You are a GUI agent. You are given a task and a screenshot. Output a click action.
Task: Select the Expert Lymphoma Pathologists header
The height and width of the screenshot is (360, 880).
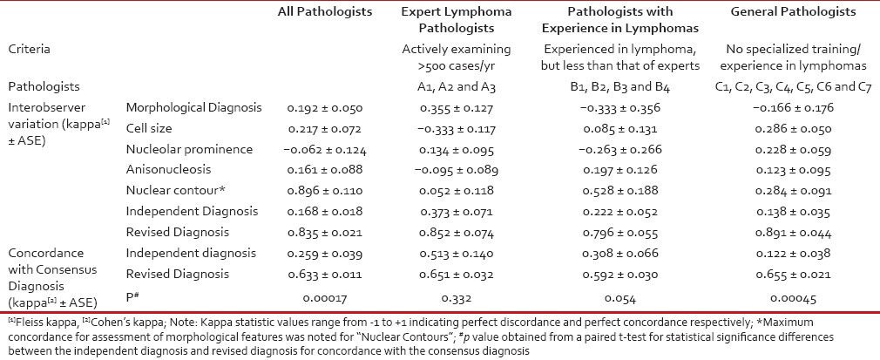point(457,20)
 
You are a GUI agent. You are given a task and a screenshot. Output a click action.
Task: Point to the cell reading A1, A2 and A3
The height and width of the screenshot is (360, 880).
point(457,87)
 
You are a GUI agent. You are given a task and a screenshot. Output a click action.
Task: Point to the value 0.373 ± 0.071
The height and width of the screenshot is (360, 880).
point(457,212)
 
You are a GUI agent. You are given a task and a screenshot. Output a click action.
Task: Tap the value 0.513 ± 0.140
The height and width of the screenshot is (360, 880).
point(457,254)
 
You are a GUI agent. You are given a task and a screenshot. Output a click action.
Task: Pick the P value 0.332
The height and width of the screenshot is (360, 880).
point(457,295)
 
